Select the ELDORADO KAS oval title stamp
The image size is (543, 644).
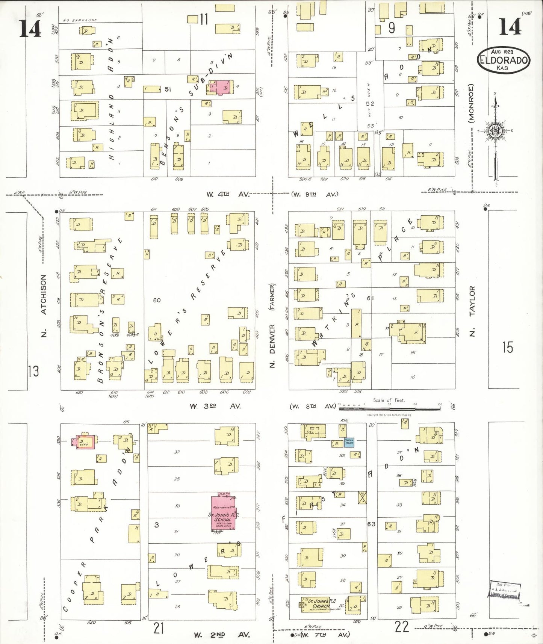click(x=504, y=60)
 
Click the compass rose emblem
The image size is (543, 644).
click(x=495, y=131)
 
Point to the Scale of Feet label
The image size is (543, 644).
click(x=389, y=401)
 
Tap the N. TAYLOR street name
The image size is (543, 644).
click(x=472, y=310)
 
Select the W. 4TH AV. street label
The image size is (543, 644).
click(x=228, y=194)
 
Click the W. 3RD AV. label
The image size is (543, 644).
click(x=215, y=406)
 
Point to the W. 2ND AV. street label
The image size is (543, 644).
click(x=222, y=635)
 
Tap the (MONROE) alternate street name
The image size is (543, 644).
click(x=471, y=103)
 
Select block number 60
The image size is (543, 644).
click(x=157, y=300)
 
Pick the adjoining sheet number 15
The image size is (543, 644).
click(x=507, y=347)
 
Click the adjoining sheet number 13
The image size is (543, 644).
click(x=33, y=371)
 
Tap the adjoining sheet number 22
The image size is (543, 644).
click(x=401, y=627)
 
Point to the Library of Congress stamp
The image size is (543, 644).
click(x=505, y=591)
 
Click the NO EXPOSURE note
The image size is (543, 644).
click(x=80, y=20)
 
